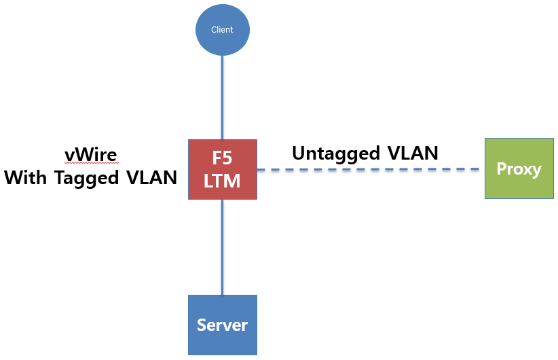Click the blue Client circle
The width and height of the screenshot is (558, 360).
pyautogui.click(x=223, y=30)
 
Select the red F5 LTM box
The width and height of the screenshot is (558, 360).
pyautogui.click(x=223, y=169)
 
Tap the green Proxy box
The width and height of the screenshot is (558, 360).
pyautogui.click(x=519, y=168)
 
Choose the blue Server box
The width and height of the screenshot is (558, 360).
pyautogui.click(x=223, y=325)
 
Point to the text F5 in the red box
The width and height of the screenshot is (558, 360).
pyautogui.click(x=223, y=158)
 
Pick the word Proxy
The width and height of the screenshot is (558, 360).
pyautogui.click(x=519, y=169)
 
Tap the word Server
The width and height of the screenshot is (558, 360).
pyautogui.click(x=223, y=325)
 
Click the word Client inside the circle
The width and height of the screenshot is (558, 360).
pyautogui.click(x=223, y=30)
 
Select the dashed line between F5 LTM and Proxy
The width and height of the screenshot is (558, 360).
pyautogui.click(x=370, y=170)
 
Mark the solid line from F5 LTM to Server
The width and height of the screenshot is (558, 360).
pyautogui.click(x=223, y=248)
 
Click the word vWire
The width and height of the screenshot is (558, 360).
pyautogui.click(x=91, y=155)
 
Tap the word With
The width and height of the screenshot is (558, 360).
pyautogui.click(x=26, y=178)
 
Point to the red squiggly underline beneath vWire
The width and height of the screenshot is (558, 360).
pyautogui.click(x=91, y=164)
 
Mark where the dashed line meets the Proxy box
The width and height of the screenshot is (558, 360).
pyautogui.click(x=484, y=170)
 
